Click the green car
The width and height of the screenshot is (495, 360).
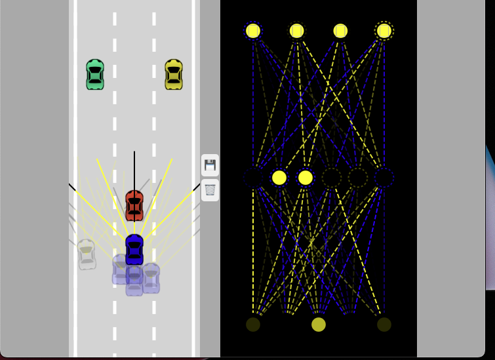pyautogui.click(x=95, y=74)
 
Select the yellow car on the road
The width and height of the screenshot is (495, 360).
pyautogui.click(x=174, y=74)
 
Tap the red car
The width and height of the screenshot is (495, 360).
pyautogui.click(x=134, y=205)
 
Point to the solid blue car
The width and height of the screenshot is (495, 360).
pyautogui.click(x=134, y=249)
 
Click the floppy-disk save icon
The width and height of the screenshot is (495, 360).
pyautogui.click(x=210, y=165)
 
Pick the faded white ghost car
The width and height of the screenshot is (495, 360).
pyautogui.click(x=86, y=254)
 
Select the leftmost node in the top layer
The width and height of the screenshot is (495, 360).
pyautogui.click(x=253, y=31)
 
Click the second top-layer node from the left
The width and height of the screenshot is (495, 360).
pyautogui.click(x=297, y=31)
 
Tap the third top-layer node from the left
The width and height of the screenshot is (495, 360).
pyautogui.click(x=340, y=31)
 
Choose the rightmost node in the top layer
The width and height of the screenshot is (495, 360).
pyautogui.click(x=384, y=31)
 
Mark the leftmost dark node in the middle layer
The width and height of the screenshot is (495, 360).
pyautogui.click(x=253, y=178)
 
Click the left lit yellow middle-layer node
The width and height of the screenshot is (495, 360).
pyautogui.click(x=279, y=178)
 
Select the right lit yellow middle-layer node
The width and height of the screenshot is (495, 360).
pyautogui.click(x=306, y=178)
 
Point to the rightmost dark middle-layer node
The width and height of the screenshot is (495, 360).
pyautogui.click(x=384, y=178)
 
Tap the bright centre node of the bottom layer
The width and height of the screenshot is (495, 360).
pyautogui.click(x=319, y=325)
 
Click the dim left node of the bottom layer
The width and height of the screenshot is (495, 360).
pyautogui.click(x=253, y=325)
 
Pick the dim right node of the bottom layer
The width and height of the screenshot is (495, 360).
pyautogui.click(x=384, y=325)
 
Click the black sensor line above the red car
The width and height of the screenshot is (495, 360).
pyautogui.click(x=134, y=170)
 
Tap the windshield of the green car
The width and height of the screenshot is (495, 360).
pyautogui.click(x=95, y=68)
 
